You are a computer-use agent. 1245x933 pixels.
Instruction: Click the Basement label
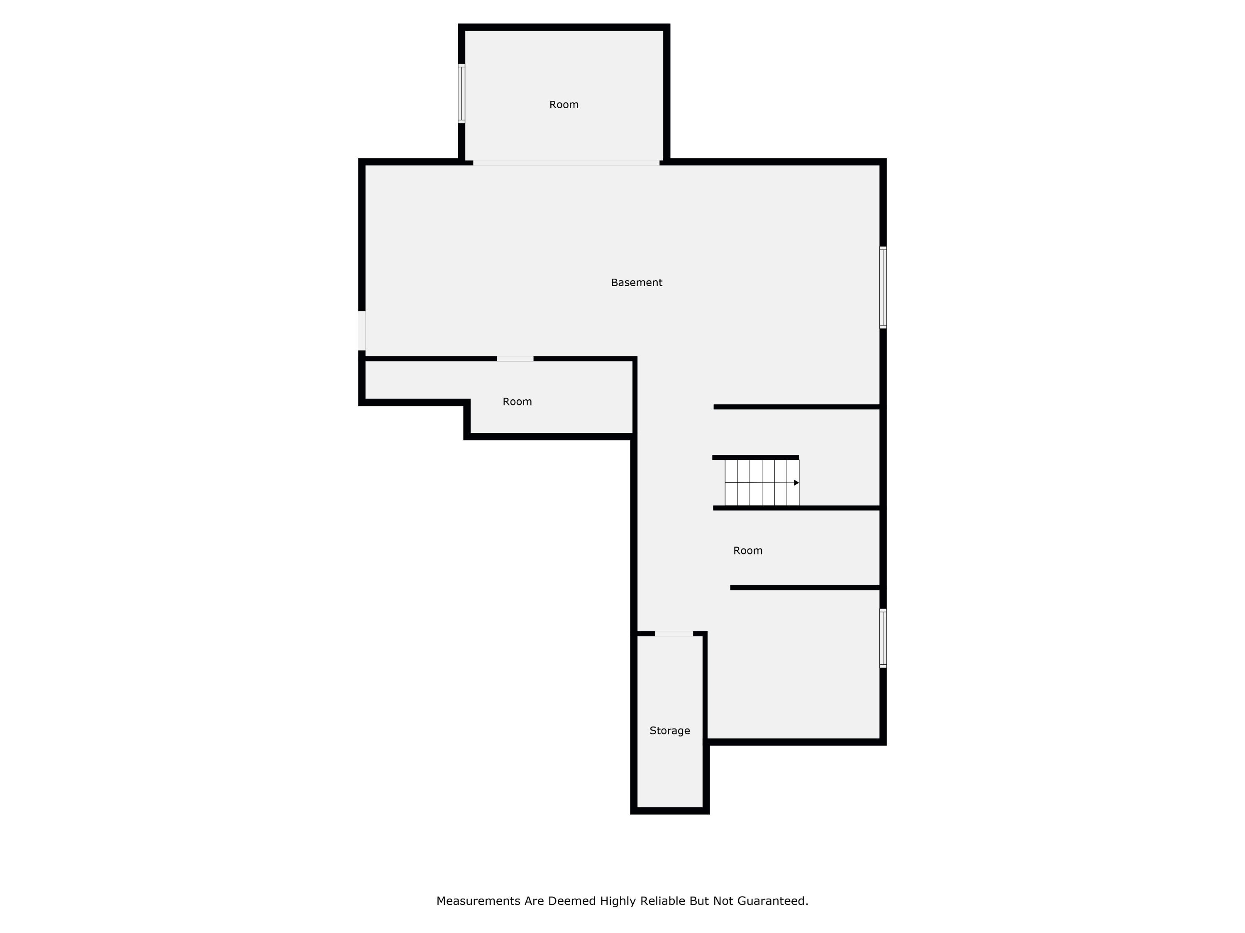[637, 283]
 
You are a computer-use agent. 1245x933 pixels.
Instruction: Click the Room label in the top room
[564, 104]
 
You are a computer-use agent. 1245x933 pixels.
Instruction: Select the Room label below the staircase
[747, 551]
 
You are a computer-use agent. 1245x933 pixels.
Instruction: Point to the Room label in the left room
[517, 401]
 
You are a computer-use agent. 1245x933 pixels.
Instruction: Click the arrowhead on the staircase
[796, 483]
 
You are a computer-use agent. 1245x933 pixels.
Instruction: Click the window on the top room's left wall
[461, 93]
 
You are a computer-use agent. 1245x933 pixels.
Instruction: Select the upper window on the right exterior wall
[883, 287]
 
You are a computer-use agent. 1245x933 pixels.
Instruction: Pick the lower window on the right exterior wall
[883, 638]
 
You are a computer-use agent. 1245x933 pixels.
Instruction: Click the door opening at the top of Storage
[674, 634]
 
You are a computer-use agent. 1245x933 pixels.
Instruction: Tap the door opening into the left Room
[515, 359]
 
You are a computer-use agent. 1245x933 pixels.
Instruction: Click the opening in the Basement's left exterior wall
[362, 330]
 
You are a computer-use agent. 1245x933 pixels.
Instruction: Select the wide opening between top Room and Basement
[566, 163]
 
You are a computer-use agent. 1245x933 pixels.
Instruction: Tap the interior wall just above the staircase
[755, 458]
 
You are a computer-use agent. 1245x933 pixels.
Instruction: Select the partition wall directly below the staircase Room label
[805, 588]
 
